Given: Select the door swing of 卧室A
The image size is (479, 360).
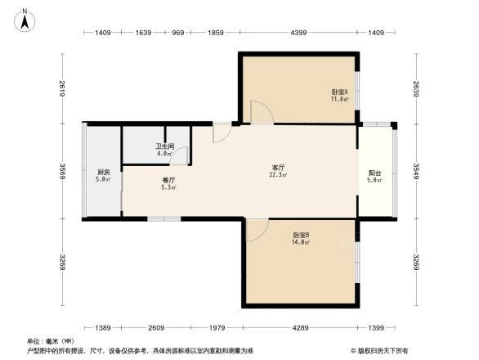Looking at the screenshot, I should coord(261,113).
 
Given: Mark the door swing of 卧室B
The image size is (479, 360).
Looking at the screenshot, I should coord(255,230).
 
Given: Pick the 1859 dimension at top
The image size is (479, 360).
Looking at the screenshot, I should coord(216,33).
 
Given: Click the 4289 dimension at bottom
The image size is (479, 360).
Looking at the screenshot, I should coord(299,327).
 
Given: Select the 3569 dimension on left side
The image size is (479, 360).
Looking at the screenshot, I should coord(62,172).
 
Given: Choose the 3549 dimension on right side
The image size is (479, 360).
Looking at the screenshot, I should coord(416,172).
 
